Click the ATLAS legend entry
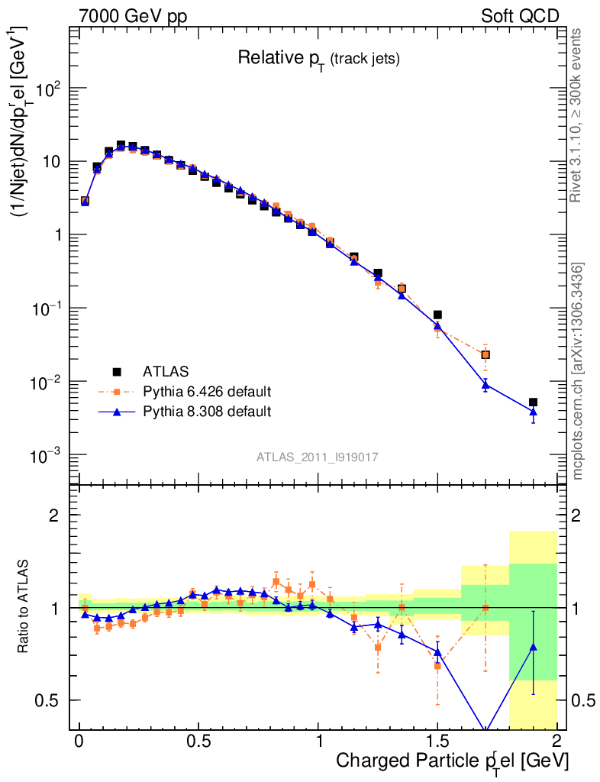pyautogui.click(x=164, y=372)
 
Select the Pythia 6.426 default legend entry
pyautogui.click(x=206, y=392)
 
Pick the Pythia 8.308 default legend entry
pyautogui.click(x=206, y=412)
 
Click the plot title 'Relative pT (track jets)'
pyautogui.click(x=319, y=58)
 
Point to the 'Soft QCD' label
pyautogui.click(x=520, y=16)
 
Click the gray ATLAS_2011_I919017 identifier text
pyautogui.click(x=318, y=457)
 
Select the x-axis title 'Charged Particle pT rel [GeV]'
pyautogui.click(x=452, y=761)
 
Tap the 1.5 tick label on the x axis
pyautogui.click(x=437, y=742)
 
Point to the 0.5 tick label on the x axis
pyautogui.click(x=198, y=742)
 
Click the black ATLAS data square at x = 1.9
pyautogui.click(x=534, y=402)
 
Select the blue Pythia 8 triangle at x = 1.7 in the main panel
pyautogui.click(x=485, y=386)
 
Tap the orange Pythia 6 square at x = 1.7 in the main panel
pyautogui.click(x=485, y=354)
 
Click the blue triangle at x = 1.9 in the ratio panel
pyautogui.click(x=534, y=647)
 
